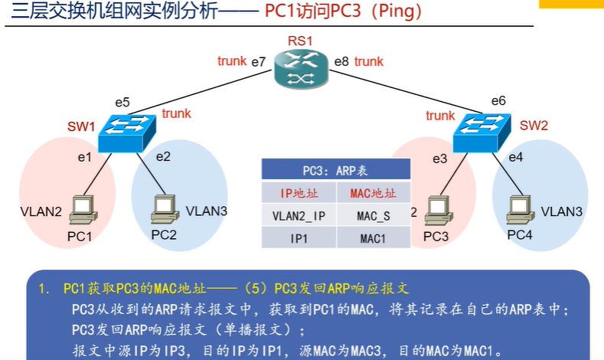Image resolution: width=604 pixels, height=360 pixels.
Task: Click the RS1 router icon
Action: [302, 68]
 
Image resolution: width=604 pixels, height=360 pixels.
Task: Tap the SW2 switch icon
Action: [480, 131]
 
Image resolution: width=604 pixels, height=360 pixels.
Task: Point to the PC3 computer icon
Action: [436, 209]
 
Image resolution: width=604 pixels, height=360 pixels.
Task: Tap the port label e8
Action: [342, 61]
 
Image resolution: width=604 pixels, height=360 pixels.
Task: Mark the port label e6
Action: [498, 100]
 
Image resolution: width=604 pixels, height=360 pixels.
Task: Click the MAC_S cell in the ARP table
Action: [374, 216]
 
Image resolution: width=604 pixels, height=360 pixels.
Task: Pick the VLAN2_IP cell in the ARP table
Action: [299, 216]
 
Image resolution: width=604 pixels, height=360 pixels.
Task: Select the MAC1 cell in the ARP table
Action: [374, 239]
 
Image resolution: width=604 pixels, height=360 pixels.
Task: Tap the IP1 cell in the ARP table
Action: [299, 239]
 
